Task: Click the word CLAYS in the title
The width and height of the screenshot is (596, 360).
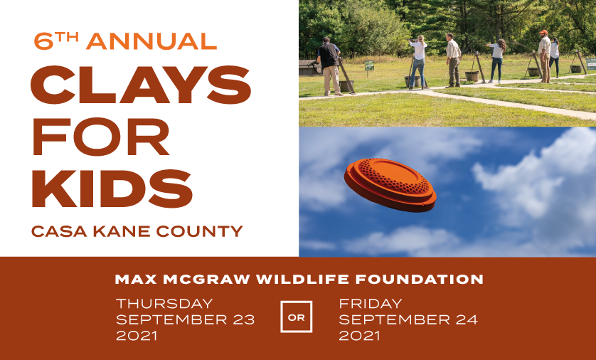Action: pos(141,85)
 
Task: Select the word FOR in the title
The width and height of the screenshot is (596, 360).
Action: pos(101,137)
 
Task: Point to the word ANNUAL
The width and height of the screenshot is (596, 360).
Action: pos(151,41)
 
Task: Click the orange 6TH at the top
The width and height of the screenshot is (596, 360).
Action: pos(56,41)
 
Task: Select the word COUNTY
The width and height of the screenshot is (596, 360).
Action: pos(200,231)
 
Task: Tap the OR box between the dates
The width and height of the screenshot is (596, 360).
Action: pos(297,317)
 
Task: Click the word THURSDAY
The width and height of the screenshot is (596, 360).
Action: pos(164,303)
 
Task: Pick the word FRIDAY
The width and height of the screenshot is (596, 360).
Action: pos(371,303)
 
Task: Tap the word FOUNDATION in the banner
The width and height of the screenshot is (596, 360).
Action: pos(419,280)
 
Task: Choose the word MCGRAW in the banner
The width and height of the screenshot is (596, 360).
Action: pos(206,280)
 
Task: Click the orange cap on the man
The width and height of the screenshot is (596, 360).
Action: pos(543,32)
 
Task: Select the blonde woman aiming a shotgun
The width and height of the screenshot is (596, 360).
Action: pos(417,62)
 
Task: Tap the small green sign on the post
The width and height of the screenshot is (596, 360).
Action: pos(369,65)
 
